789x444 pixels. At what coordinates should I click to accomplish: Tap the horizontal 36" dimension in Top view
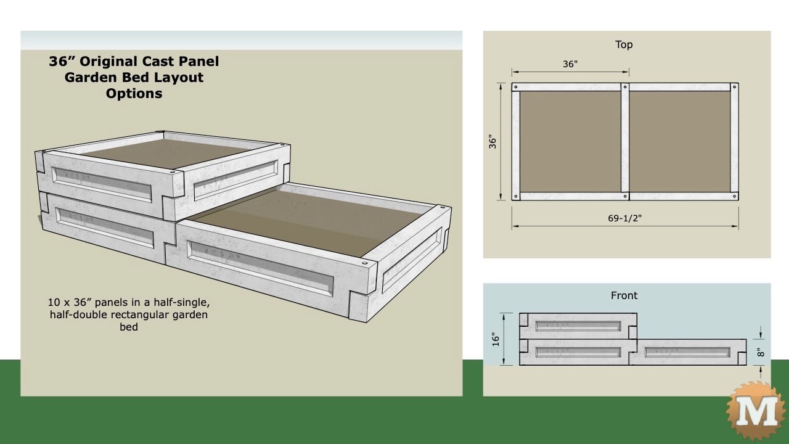point(570,64)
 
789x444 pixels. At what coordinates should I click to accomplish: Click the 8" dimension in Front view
point(761,353)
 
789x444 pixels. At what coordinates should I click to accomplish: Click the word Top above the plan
point(624,44)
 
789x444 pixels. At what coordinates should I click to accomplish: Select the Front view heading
point(624,295)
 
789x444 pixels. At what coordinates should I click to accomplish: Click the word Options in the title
point(134,94)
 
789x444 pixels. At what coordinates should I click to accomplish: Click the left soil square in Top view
point(570,142)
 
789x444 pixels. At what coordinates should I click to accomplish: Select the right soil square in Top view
point(679,142)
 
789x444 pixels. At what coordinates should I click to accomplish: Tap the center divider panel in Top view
point(625,142)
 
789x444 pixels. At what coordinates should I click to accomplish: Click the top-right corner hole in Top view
point(734,88)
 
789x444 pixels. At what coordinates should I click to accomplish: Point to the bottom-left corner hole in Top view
point(516,197)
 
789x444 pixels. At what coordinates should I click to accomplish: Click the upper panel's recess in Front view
point(578,326)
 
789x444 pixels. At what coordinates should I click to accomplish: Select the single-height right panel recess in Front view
point(687,352)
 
